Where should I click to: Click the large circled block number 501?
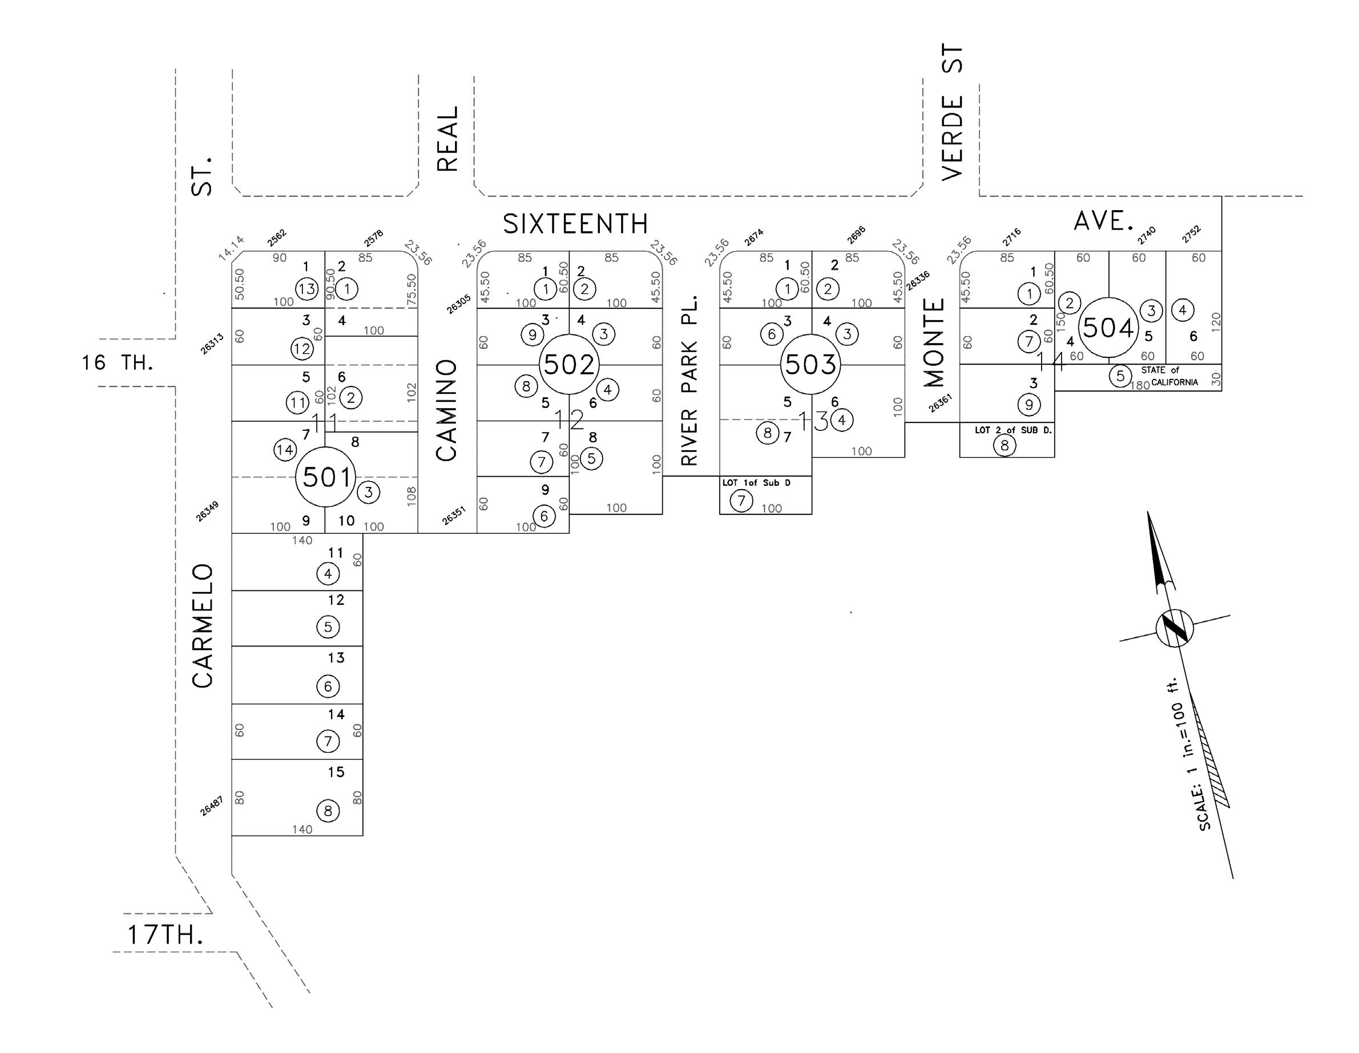point(325,477)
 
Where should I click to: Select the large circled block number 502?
point(568,364)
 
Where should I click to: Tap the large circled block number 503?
point(810,364)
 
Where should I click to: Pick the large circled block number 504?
point(1108,328)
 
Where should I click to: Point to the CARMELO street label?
point(203,626)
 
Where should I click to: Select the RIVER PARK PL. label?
point(689,380)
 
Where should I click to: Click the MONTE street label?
point(934,342)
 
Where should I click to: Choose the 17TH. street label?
point(165,935)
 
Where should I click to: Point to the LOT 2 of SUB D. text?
point(1013,430)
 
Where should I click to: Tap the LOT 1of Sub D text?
point(756,483)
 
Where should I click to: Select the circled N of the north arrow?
point(1175,628)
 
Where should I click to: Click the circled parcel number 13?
point(307,289)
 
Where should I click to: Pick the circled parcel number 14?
point(285,449)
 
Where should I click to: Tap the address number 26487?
point(212,806)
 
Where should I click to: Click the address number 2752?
point(1191,234)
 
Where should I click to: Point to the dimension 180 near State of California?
point(1139,385)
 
